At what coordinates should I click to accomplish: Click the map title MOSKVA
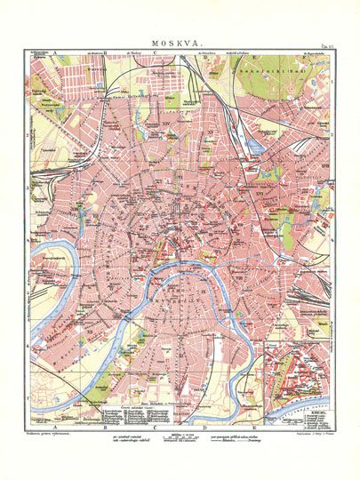(x=180, y=41)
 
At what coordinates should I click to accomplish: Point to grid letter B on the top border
(x=105, y=54)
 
